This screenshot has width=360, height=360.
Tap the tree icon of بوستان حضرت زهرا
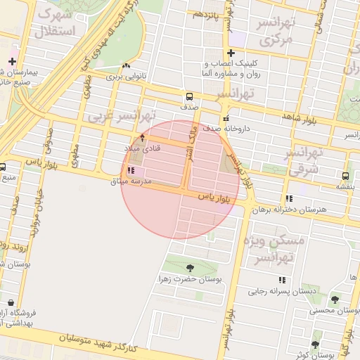pyautogui.click(x=190, y=267)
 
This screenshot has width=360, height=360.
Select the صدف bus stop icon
pyautogui.click(x=188, y=96)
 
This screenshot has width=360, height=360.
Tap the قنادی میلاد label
pyautogui.click(x=143, y=148)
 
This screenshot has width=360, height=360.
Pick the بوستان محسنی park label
pyautogui.click(x=335, y=311)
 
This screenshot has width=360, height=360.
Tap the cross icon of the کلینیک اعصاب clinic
pyautogui.click(x=231, y=53)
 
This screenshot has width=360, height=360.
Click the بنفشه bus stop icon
pyautogui.click(x=345, y=176)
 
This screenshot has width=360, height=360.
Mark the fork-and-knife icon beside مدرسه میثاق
pyautogui.click(x=131, y=171)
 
